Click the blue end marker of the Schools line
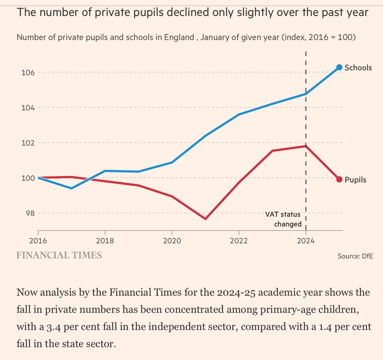[x=339, y=67]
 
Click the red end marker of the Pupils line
[x=339, y=179]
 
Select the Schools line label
[x=358, y=68]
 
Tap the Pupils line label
[x=356, y=180]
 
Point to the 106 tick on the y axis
[x=28, y=73]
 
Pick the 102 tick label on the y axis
[x=28, y=143]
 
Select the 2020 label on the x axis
[x=172, y=241]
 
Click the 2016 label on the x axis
[x=38, y=241]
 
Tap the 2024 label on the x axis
[x=305, y=241]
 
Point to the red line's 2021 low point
[x=205, y=219]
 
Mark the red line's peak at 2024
[x=306, y=146]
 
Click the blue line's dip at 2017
[x=71, y=188]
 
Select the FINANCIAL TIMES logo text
[x=59, y=255]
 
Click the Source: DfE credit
[x=355, y=256]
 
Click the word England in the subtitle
[x=179, y=37]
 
